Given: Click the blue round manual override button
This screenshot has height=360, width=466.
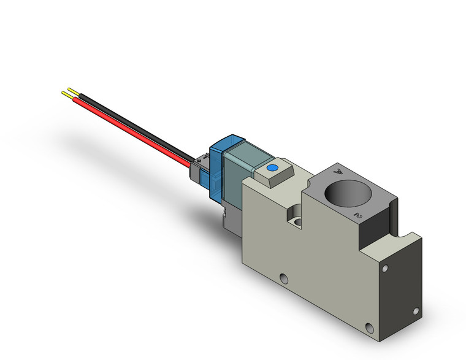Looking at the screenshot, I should click(x=272, y=167).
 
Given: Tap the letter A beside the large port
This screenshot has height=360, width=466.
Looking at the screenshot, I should click(x=336, y=173).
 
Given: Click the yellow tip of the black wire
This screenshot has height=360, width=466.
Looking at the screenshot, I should click(x=73, y=90).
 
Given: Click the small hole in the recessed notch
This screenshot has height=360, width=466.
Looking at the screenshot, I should click(x=297, y=220).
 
